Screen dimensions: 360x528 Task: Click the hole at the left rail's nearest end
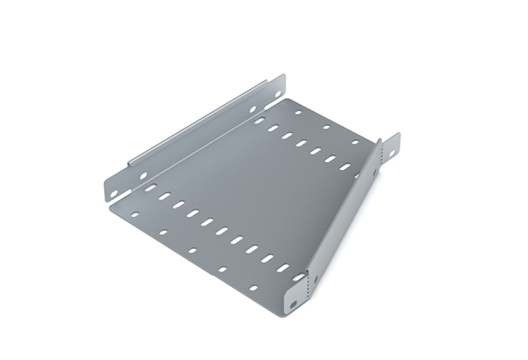pos(115,192)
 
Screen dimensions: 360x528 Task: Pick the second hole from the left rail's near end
pos(143,175)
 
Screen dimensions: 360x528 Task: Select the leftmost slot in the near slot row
pos(150,188)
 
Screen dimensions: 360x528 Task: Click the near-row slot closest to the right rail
pos(283,268)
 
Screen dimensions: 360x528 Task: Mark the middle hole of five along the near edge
pos(192,250)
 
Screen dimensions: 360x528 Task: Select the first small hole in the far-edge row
pos(298,112)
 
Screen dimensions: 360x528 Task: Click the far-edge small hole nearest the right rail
pos(354,142)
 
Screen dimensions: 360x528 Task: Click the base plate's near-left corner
pos(111,205)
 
